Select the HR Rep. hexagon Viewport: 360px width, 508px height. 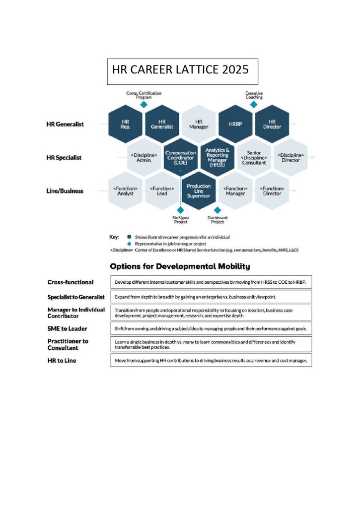[125, 124]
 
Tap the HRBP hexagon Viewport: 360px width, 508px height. [235, 124]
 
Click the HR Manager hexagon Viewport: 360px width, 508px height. [199, 124]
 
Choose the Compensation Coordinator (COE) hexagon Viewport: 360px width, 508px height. [180, 157]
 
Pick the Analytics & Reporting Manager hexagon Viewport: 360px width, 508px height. [217, 157]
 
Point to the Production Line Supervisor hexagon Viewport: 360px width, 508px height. [199, 191]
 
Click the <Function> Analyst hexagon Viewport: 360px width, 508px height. [125, 191]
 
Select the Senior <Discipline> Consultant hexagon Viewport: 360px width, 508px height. [254, 157]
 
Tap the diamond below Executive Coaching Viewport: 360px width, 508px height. [254, 105]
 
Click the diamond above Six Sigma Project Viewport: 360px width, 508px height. [180, 210]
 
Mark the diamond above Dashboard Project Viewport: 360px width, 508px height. [217, 210]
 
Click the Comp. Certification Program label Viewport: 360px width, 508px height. [144, 95]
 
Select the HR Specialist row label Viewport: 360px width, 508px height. [65, 158]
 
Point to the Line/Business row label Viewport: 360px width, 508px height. [65, 191]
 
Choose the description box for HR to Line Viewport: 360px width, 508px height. [211, 360]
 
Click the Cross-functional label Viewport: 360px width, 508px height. [70, 282]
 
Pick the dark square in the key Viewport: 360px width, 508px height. [129, 237]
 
